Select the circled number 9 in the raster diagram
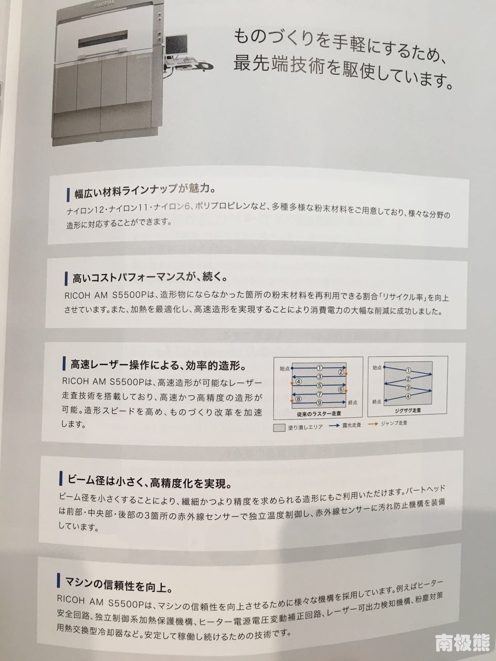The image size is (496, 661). tap(320, 403)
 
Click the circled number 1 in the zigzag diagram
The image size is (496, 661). tap(408, 370)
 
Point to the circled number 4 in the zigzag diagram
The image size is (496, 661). tap(408, 397)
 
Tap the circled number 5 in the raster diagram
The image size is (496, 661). tap(320, 385)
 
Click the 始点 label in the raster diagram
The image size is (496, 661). tap(284, 368)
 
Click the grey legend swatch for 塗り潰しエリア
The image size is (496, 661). tap(279, 427)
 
